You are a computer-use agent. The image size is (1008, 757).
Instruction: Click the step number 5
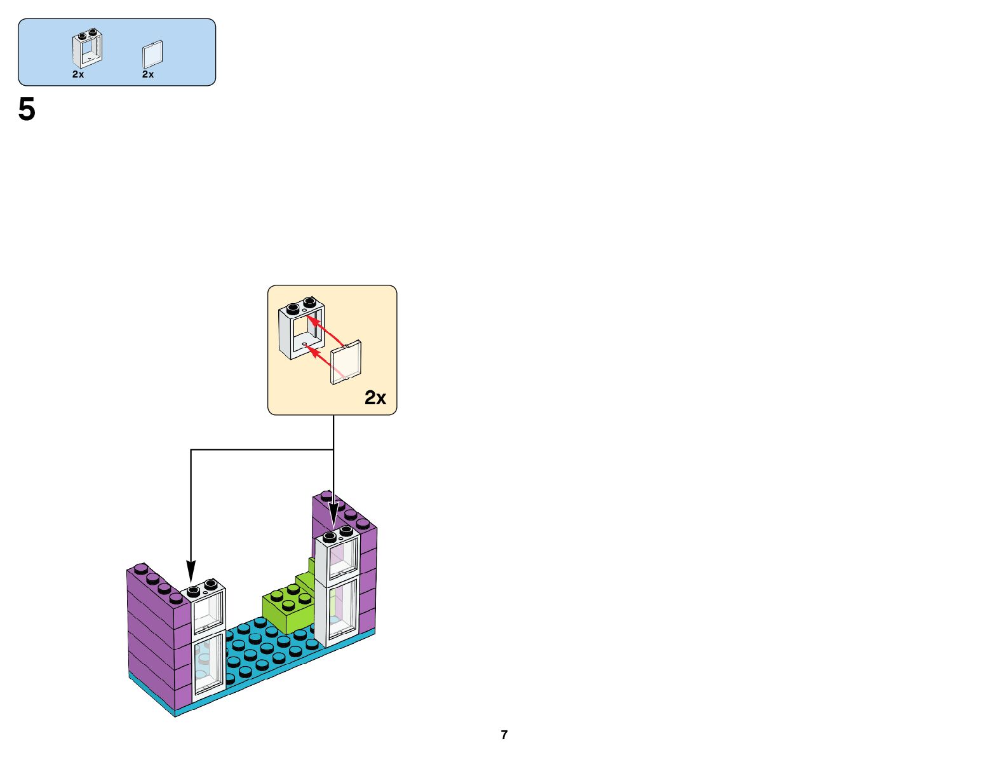[x=27, y=110]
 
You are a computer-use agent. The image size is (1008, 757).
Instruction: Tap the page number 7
[x=504, y=735]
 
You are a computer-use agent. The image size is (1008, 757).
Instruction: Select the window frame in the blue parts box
[x=88, y=48]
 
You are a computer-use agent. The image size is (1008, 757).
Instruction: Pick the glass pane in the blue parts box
[x=152, y=55]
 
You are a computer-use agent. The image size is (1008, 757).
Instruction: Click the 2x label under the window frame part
[x=78, y=74]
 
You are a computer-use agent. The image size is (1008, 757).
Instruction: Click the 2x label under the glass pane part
[x=148, y=74]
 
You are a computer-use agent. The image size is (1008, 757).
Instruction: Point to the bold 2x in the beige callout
[x=375, y=398]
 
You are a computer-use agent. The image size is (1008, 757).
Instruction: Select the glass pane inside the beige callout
[x=347, y=362]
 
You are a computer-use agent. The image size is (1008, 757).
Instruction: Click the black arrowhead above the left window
[x=191, y=569]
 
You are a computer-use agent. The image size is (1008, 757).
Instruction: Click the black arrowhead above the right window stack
[x=333, y=516]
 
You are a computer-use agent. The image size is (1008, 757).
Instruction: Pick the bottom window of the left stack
[x=208, y=664]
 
